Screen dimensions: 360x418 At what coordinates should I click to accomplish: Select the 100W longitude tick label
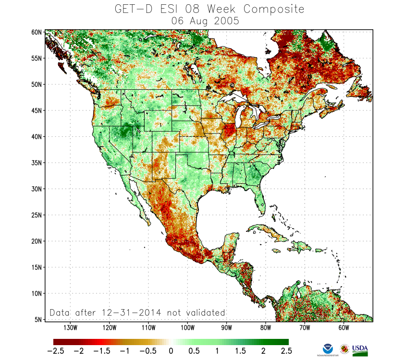point(187,328)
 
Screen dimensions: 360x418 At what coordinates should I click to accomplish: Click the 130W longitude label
point(70,328)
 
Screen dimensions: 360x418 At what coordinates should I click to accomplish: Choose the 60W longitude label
point(343,328)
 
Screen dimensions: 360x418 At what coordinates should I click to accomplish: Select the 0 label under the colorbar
point(171,351)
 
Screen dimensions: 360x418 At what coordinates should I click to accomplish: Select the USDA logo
point(360,350)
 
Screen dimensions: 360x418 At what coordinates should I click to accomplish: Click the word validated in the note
point(204,312)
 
